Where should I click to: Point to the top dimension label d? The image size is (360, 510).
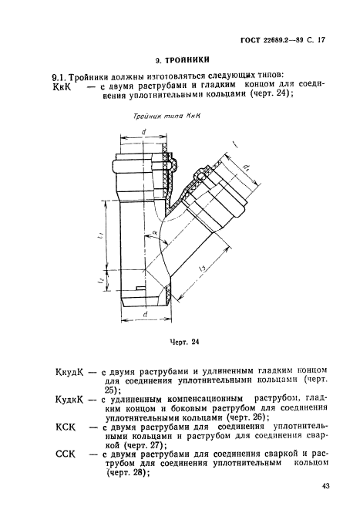(x=144, y=131)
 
